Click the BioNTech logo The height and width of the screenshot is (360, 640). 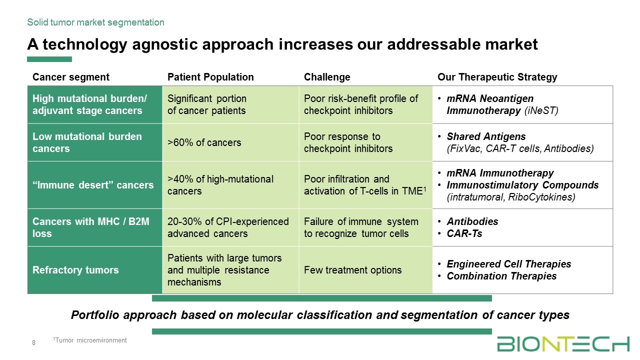tap(563, 344)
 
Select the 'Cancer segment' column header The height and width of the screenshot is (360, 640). tap(71, 77)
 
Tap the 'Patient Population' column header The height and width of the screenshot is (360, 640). tap(210, 77)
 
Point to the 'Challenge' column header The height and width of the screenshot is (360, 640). tap(327, 77)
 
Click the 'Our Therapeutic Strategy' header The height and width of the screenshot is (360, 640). tap(497, 77)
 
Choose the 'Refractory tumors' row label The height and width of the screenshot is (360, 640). tap(75, 270)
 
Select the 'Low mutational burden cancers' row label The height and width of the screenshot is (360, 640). tap(87, 142)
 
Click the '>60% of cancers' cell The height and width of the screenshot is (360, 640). tap(204, 142)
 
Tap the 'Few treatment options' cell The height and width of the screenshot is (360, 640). tap(352, 270)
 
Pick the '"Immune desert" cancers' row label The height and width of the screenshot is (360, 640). tap(93, 185)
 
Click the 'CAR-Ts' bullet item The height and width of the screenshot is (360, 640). tap(464, 233)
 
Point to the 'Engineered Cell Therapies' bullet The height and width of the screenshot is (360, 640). tap(509, 263)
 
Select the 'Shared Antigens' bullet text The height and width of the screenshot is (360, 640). tap(486, 136)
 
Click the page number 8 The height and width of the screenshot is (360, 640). tap(33, 342)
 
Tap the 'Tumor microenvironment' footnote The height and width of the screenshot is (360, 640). tap(90, 340)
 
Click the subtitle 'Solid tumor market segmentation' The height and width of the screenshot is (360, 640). tap(95, 22)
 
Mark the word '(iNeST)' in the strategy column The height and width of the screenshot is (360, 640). tap(541, 110)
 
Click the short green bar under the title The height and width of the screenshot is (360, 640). tap(49, 59)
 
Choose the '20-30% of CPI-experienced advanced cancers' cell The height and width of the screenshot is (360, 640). tap(228, 227)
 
